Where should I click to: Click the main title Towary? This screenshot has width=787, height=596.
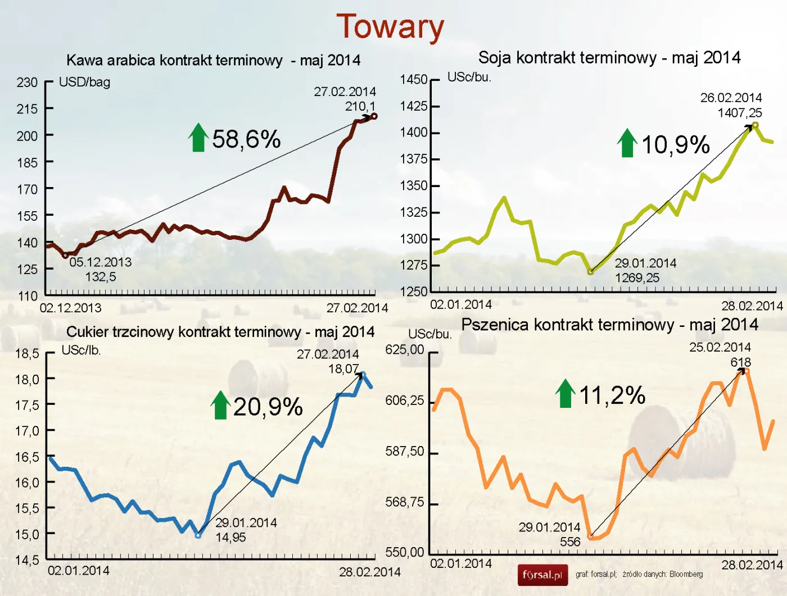point(390,27)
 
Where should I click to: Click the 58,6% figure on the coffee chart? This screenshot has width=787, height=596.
point(246,139)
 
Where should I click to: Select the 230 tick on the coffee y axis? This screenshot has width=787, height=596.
point(27,83)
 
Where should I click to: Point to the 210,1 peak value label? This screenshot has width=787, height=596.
point(360,106)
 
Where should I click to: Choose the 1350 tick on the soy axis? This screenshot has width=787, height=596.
point(413,186)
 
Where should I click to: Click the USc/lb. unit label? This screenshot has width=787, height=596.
point(81,350)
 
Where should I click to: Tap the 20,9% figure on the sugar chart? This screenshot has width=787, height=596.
point(268,407)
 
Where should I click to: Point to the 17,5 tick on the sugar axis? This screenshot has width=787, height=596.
point(27,406)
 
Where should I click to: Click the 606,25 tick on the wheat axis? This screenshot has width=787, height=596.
point(404,401)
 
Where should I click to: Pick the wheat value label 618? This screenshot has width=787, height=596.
point(740,362)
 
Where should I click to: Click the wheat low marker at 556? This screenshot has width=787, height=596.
point(590,537)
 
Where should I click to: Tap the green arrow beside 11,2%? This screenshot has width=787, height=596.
point(566,393)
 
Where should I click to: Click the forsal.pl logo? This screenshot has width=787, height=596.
point(542,575)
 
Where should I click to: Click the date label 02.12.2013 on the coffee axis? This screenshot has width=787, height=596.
point(70,308)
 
